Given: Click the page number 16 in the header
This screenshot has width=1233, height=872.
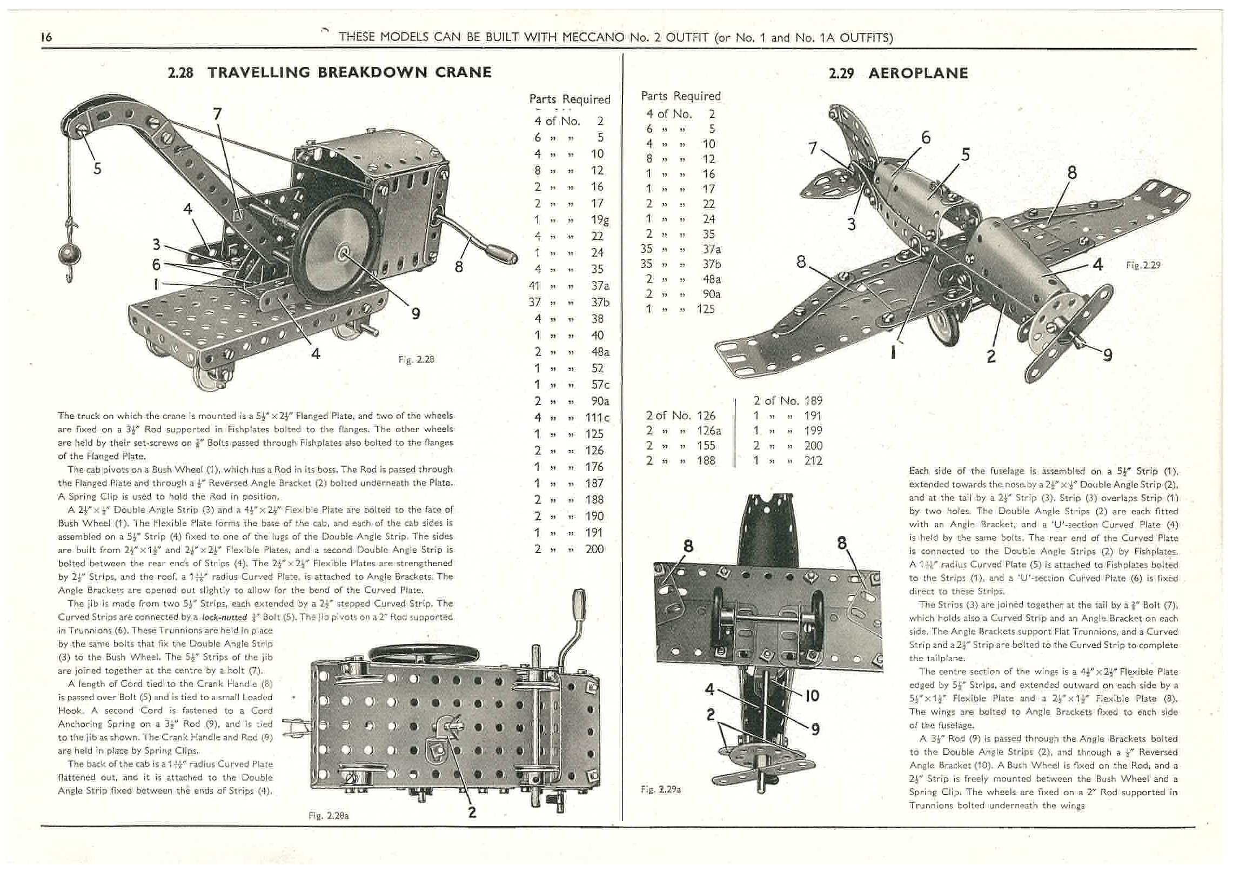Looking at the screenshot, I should (x=46, y=37).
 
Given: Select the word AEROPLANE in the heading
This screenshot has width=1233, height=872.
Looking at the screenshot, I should (x=918, y=73).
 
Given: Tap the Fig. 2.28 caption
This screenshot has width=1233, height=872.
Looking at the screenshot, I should (x=416, y=359).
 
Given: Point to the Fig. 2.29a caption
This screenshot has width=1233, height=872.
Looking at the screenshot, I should (x=660, y=789).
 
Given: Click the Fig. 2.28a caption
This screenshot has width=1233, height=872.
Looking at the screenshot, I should (x=328, y=816).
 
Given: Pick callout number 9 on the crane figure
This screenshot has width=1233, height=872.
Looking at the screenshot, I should (x=416, y=313).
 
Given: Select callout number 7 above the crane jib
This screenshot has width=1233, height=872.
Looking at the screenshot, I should (x=217, y=114).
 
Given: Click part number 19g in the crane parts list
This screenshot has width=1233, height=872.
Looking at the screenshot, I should (x=599, y=220).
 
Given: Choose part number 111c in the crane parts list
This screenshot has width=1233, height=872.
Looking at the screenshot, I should (x=597, y=418).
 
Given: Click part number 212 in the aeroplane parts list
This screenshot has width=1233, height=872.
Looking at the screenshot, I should (x=813, y=460).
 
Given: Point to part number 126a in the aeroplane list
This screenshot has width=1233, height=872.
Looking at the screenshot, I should (x=708, y=431).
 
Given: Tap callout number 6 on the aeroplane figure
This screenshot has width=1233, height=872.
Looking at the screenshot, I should (x=926, y=138).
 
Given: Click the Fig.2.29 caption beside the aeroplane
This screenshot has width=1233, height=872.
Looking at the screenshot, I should (x=1143, y=265).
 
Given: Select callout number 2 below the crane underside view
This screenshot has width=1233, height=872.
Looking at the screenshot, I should (x=472, y=812).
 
